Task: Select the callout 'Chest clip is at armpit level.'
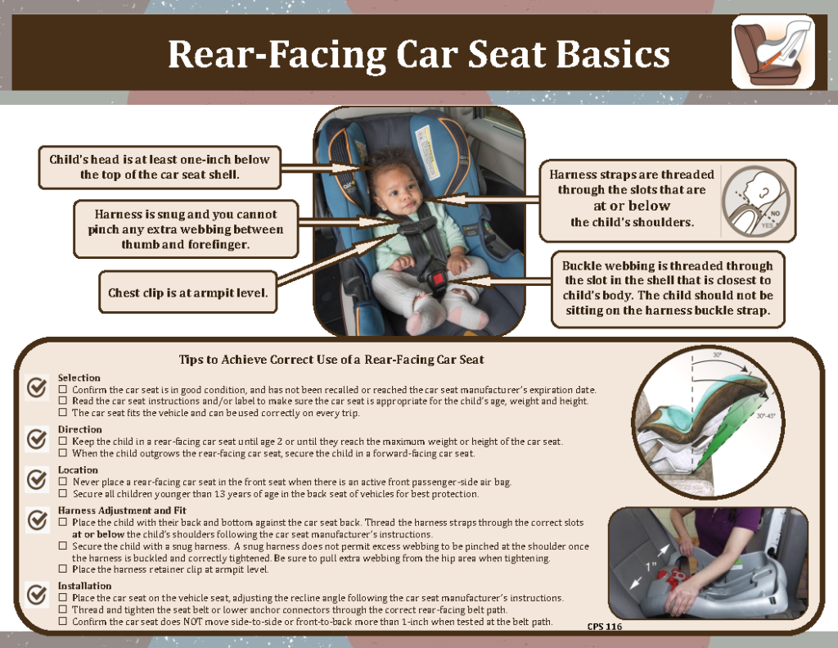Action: (x=188, y=292)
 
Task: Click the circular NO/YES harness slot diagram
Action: (x=755, y=201)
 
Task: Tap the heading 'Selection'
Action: (x=79, y=378)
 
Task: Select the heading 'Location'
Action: (x=78, y=470)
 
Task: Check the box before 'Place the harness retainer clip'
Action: (x=63, y=569)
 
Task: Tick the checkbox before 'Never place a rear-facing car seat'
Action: (x=63, y=483)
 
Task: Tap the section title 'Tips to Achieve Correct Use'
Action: (x=331, y=360)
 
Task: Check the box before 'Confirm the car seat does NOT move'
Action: (x=63, y=622)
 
